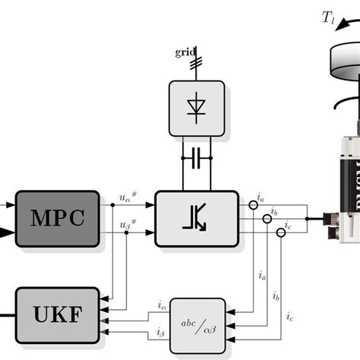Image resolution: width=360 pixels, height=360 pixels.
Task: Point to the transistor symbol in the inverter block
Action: tap(197, 219)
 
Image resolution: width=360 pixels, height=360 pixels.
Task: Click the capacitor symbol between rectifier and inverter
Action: tap(197, 158)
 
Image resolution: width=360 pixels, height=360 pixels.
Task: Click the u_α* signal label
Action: tap(127, 198)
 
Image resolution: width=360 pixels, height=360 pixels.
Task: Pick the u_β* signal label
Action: tap(127, 225)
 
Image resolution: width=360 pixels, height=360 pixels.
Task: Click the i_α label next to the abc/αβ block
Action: tap(162, 306)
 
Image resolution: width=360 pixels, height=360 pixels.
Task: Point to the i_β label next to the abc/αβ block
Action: tap(162, 332)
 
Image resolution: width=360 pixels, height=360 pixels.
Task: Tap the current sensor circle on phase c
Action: tap(279, 232)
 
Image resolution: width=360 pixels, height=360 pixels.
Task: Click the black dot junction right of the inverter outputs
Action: tap(307, 219)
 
